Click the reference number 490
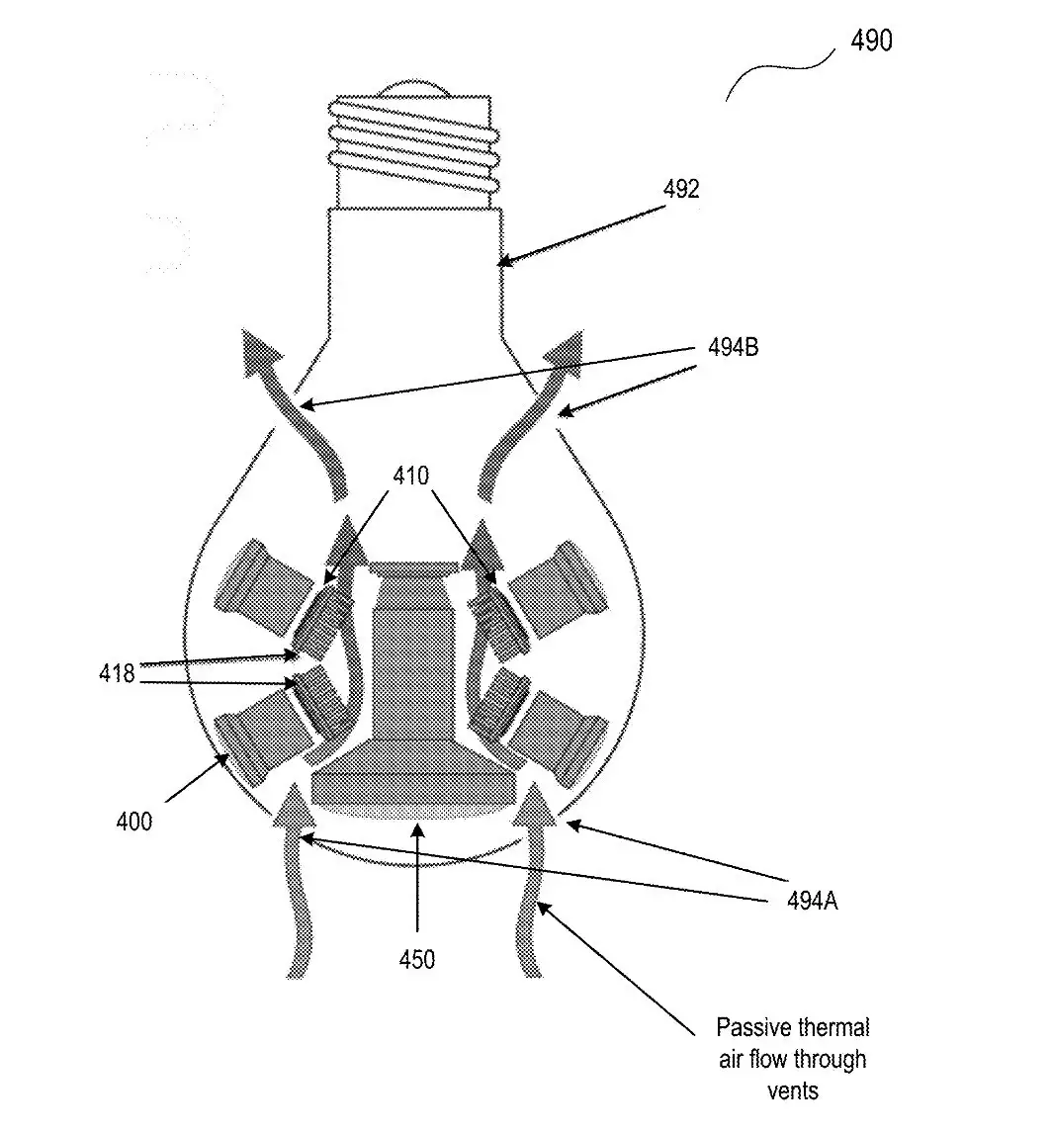[871, 40]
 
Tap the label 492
[681, 189]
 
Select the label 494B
[733, 347]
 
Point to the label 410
[411, 475]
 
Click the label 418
[117, 673]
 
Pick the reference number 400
[134, 822]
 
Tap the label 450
[417, 959]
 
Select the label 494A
[813, 901]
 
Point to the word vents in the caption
[793, 1090]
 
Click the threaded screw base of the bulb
[413, 148]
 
